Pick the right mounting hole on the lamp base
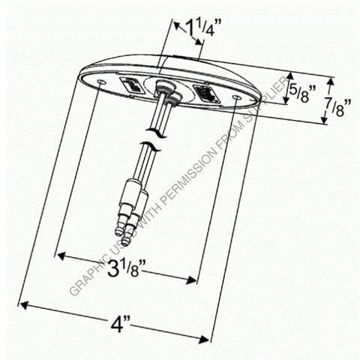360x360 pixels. coord(237,97)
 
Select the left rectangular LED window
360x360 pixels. coord(128,85)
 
